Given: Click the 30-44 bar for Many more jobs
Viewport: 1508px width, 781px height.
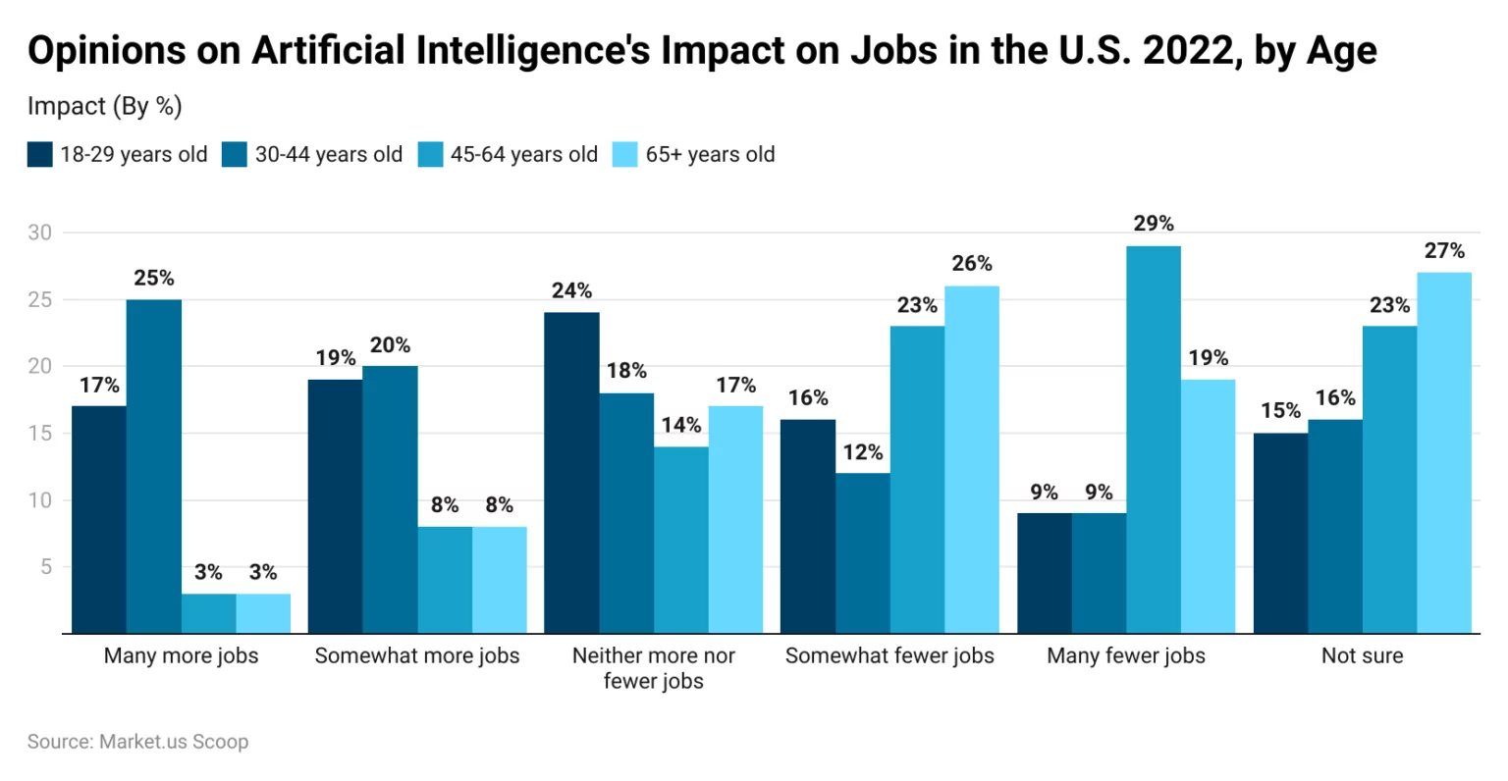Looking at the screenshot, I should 154,466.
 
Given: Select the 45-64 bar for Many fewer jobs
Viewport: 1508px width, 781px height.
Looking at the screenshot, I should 1154,440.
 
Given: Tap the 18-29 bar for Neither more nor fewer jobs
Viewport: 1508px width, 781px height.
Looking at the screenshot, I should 571,473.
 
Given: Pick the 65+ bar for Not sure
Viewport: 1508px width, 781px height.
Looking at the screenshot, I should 1444,452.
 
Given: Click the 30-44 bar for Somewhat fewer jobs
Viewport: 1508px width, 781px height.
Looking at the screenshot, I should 863,553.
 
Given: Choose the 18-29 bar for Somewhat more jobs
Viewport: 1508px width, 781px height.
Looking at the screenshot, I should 335,506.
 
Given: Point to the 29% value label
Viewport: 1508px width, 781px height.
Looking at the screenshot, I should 1154,224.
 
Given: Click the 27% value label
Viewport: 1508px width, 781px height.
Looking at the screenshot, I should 1444,251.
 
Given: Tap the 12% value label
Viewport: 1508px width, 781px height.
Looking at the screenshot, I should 863,452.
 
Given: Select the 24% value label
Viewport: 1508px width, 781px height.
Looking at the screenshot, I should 571,291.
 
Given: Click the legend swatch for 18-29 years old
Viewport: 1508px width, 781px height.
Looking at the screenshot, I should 39,155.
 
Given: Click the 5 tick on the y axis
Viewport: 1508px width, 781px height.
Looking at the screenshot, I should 45,567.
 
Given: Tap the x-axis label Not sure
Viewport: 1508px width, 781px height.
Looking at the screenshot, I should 1362,655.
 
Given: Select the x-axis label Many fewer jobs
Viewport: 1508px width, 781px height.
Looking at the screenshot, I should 1126,655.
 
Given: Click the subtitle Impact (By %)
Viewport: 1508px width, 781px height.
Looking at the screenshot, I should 105,106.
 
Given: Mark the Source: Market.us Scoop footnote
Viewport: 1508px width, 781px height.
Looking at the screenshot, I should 137,742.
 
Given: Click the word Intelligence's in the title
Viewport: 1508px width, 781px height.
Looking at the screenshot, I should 534,51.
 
